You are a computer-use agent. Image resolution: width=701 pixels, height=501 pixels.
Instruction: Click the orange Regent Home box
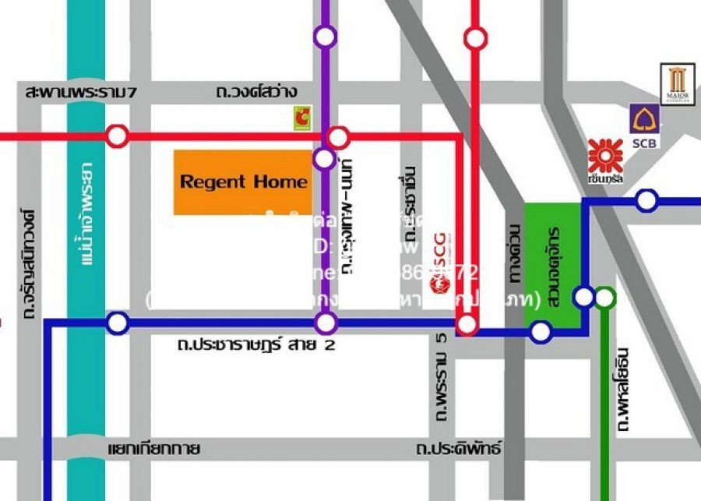[x=243, y=182]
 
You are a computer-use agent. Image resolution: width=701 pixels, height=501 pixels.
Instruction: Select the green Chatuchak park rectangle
[x=553, y=265]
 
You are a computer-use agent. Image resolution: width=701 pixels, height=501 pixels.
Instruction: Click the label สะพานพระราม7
[x=81, y=93]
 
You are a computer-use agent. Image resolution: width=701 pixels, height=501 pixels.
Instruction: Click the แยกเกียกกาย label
[x=154, y=450]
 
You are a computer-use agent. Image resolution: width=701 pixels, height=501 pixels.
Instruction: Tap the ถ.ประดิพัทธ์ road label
[x=459, y=450]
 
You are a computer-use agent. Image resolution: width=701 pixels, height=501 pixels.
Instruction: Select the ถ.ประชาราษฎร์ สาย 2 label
[x=256, y=344]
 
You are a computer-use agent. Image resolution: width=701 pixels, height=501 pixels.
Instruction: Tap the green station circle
[x=605, y=297]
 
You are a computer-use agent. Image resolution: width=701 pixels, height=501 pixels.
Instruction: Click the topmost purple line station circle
[x=326, y=36]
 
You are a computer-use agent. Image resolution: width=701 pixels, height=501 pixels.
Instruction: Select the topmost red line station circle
[x=474, y=37]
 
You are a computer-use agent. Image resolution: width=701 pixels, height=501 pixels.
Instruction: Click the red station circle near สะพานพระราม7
[x=118, y=136]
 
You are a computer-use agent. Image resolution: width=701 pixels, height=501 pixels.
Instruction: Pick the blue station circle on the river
[x=118, y=322]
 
